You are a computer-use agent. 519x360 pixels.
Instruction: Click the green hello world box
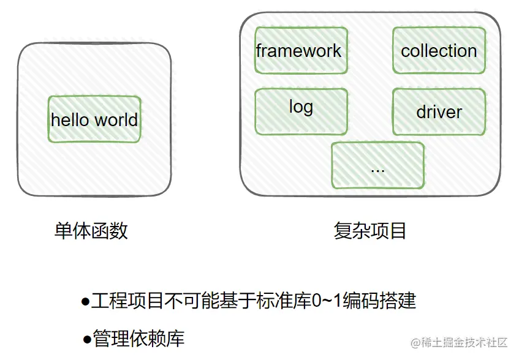[94, 119]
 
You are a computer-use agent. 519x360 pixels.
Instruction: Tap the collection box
[439, 50]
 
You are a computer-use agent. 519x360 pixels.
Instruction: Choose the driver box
[439, 111]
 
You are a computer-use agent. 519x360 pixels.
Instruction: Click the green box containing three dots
[377, 165]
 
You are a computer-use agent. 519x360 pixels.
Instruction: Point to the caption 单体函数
[91, 231]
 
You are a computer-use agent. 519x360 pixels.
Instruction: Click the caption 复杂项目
[370, 231]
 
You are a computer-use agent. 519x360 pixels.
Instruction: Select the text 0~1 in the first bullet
[325, 301]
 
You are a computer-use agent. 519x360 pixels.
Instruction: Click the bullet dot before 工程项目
[85, 302]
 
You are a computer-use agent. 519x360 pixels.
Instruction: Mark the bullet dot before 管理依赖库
[87, 339]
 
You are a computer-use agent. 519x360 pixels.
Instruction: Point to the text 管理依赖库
[139, 339]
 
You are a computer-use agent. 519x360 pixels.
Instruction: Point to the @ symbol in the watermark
[415, 342]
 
